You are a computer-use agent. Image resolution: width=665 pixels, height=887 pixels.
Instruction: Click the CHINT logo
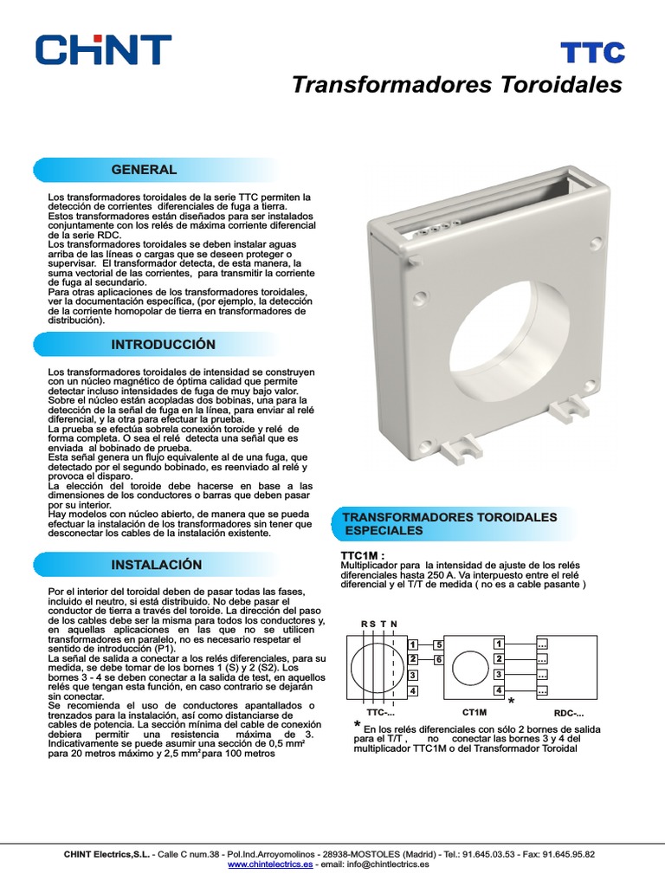103,49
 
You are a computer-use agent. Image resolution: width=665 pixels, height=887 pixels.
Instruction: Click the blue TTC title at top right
592,52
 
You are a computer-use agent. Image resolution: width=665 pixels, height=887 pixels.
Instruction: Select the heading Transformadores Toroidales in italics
456,85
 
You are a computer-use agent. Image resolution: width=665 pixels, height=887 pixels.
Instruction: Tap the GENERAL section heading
144,170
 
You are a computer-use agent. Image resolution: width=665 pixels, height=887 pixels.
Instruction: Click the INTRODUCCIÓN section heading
163,345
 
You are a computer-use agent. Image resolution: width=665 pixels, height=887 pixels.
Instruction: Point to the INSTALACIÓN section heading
157,565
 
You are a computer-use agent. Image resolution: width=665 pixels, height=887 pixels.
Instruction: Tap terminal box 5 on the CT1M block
439,644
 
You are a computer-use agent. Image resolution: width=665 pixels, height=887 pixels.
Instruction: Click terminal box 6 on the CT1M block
439,660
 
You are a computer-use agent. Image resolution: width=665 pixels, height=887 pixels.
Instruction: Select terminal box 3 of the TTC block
413,675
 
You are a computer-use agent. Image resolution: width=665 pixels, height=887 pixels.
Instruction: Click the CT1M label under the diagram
475,711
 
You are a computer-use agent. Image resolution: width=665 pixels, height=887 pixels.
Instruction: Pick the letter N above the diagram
394,624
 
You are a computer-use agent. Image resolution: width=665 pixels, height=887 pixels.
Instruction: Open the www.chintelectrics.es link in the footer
270,864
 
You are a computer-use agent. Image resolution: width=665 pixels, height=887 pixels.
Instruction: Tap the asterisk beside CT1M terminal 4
512,700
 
